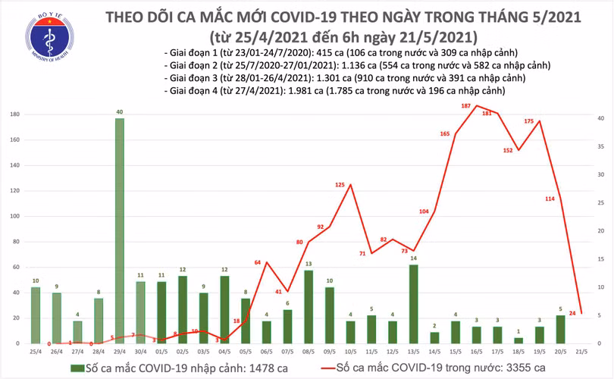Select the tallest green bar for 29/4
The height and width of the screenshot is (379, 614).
120,230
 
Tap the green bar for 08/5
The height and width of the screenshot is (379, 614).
309,306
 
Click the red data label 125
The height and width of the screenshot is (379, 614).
340,185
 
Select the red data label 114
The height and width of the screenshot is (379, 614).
550,199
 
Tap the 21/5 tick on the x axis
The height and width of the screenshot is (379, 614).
581,352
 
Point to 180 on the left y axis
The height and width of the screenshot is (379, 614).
14,114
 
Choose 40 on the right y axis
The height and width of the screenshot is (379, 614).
599,119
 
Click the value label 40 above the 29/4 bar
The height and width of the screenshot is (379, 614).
120,112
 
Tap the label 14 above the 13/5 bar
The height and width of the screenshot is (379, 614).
413,258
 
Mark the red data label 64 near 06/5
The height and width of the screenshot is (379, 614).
258,262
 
